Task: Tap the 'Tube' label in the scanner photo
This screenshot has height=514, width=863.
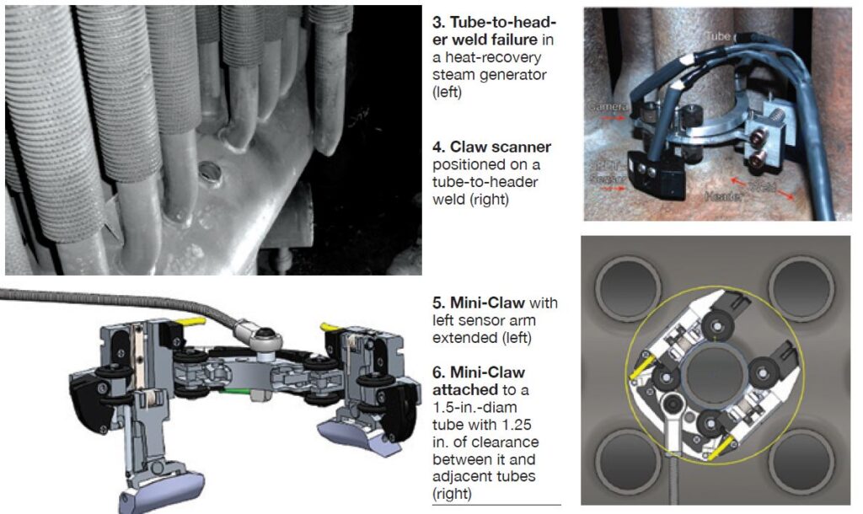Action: coord(718,36)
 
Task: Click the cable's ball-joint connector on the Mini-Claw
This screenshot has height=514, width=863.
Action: coord(261,335)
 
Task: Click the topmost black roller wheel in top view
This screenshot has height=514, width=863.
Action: coord(719,324)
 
